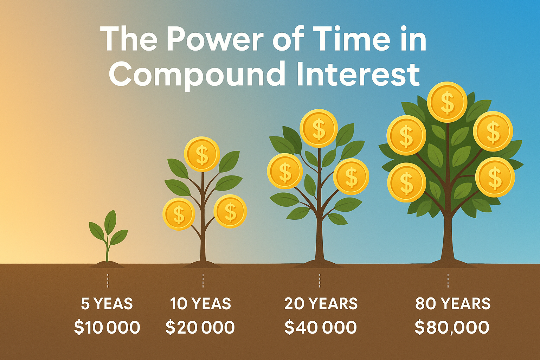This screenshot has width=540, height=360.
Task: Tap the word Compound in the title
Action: pos(197,75)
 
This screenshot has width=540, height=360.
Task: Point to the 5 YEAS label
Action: pos(107,304)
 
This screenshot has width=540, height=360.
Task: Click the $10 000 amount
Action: pos(107,328)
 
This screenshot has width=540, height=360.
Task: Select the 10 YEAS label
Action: pos(200,304)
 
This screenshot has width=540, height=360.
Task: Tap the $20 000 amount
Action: pos(200,328)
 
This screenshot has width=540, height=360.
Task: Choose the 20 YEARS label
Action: pos(321,304)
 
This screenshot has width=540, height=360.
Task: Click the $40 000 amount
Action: pos(320,328)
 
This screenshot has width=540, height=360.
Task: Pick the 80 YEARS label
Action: pos(453,304)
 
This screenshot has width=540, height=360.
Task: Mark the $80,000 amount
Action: pos(452,328)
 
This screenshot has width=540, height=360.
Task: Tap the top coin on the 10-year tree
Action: pos(202,154)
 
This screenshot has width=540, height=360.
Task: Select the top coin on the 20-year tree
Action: pos(319,128)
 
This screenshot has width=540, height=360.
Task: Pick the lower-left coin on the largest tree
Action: pos(407,182)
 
